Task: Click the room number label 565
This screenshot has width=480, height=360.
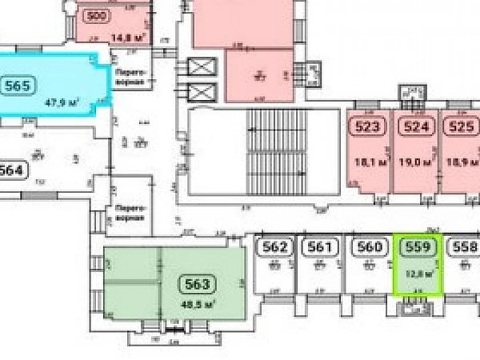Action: (x=17, y=86)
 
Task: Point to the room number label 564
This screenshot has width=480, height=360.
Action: (x=12, y=170)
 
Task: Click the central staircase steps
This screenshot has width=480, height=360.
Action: (x=277, y=152)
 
